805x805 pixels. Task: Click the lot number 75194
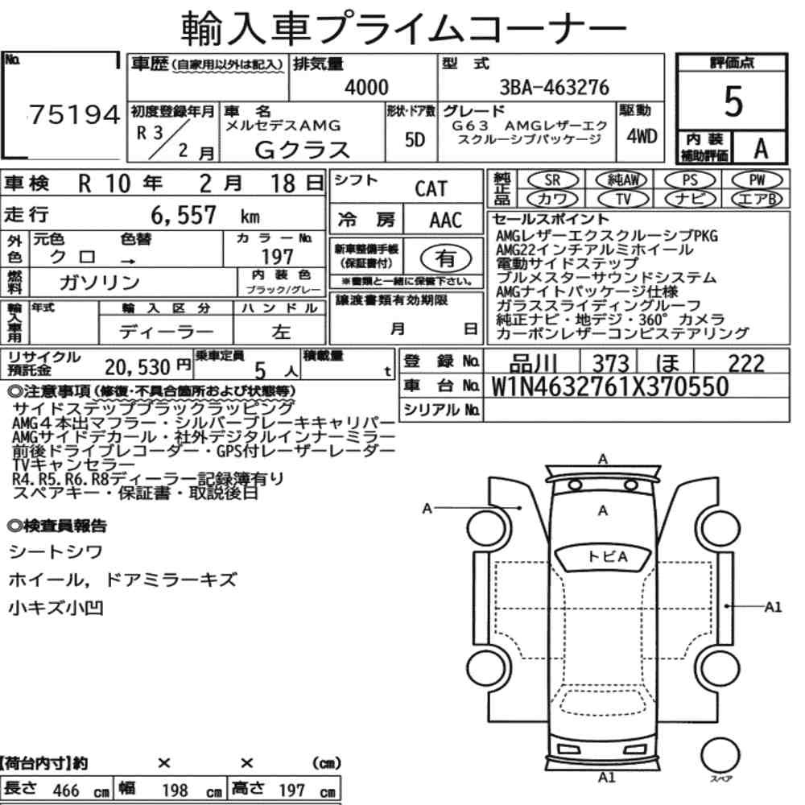(75, 114)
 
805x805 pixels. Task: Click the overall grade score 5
(733, 101)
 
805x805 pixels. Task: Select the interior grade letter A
(761, 148)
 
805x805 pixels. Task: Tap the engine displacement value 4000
(366, 87)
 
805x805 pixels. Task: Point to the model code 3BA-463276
(554, 87)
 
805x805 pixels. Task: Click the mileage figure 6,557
(184, 215)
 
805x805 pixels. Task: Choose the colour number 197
(277, 256)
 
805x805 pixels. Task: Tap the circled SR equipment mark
(552, 180)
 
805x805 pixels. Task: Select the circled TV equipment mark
(623, 198)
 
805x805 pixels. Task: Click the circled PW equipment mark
(758, 180)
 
